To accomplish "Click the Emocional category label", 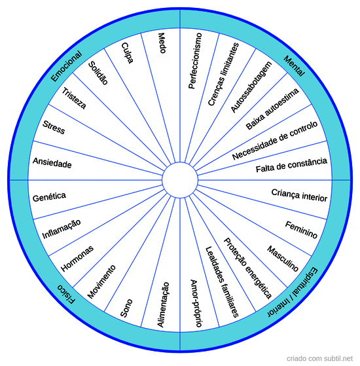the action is point(67,66).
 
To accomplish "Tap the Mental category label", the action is point(294,66).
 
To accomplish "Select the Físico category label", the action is point(67,294).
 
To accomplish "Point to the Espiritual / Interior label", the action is point(293,292).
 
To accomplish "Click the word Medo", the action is point(162,43).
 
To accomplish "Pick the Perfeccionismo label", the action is point(195,61).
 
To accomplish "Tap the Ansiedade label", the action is point(52,162).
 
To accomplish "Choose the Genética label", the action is point(49,197).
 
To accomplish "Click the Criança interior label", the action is point(299,195).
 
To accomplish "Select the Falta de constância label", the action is point(291,165).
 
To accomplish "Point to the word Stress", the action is point(54,128).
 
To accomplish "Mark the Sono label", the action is point(126,308).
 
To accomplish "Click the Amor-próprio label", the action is point(196,303).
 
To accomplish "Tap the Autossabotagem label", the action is point(251,87).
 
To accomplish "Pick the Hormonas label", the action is point(77,259).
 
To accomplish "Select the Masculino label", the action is point(283,259).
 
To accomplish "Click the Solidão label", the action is point(98,73).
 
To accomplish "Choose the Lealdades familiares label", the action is point(222,282).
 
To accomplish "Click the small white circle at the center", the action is point(180,180).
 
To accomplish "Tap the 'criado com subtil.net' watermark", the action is point(319,358).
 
